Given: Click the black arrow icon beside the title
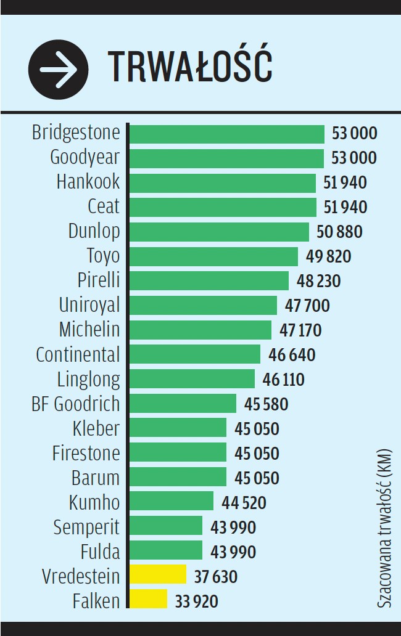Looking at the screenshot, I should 59,69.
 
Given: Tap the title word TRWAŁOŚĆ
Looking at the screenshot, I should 190,68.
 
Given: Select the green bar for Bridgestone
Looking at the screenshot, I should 227,134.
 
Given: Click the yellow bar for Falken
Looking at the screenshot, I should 149,599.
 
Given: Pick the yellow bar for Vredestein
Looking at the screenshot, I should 158,574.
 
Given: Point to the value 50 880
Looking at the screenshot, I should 339,232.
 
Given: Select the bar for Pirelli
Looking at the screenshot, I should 209,281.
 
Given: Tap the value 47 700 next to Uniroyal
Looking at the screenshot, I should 307,306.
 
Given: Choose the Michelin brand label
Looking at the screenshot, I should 89,330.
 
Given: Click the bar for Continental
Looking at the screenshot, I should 195,354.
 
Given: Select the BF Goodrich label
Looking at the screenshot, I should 75,404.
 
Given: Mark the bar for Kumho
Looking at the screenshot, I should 172,501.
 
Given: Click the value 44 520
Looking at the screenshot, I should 244,502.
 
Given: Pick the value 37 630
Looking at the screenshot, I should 215,576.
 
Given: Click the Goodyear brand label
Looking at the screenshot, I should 85,158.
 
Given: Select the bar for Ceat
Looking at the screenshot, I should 223,207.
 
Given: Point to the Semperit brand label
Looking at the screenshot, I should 86,527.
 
